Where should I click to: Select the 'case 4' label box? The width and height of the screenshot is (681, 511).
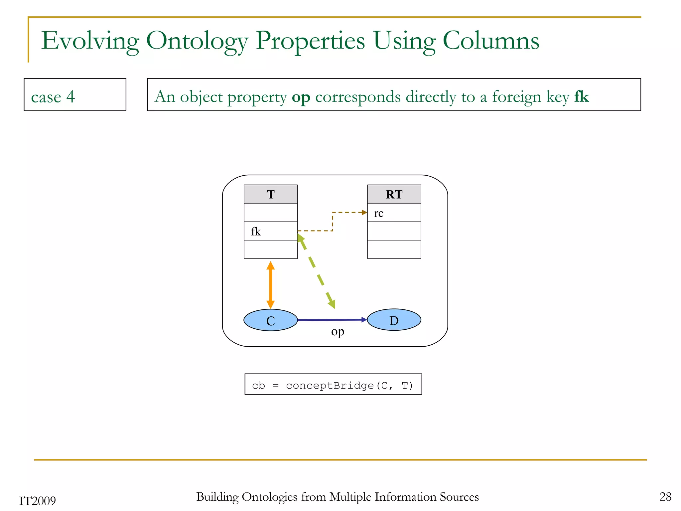pyautogui.click(x=75, y=95)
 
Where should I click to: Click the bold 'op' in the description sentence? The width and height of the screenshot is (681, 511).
pyautogui.click(x=301, y=97)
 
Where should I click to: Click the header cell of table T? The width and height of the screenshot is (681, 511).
pyautogui.click(x=271, y=194)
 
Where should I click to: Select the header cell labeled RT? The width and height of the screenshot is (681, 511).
pyautogui.click(x=394, y=194)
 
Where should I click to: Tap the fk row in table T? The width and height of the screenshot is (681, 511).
pyautogui.click(x=271, y=231)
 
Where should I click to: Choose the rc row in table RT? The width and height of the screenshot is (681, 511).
pyautogui.click(x=394, y=213)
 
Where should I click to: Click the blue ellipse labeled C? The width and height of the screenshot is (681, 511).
pyautogui.click(x=271, y=320)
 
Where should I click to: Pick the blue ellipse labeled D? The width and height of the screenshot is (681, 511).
pyautogui.click(x=394, y=320)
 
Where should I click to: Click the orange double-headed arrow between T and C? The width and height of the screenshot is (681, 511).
pyautogui.click(x=271, y=285)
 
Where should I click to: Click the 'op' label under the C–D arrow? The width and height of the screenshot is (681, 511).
pyautogui.click(x=338, y=332)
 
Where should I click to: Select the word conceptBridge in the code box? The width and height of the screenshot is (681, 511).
pyautogui.click(x=330, y=386)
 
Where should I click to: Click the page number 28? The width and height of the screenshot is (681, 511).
pyautogui.click(x=665, y=497)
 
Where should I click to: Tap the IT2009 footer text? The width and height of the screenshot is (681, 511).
pyautogui.click(x=38, y=501)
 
